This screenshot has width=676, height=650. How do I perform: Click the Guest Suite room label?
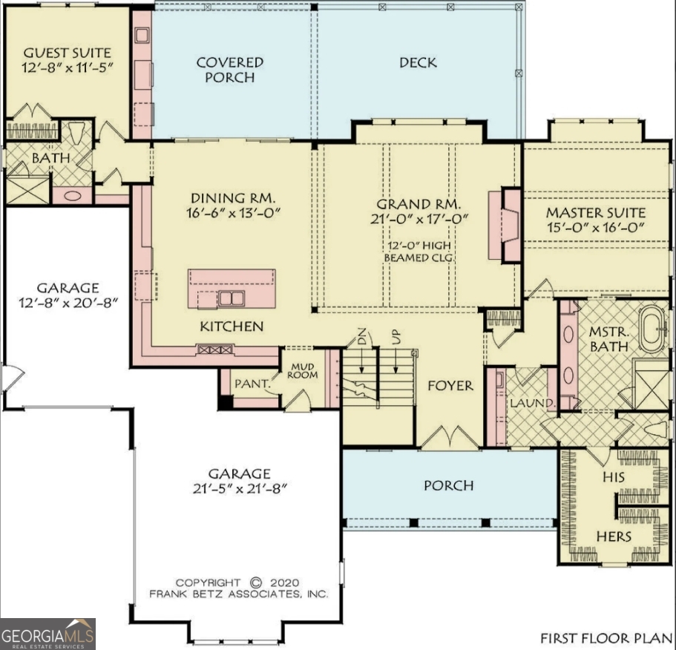click(x=68, y=53)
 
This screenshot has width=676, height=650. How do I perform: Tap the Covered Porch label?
click(x=229, y=70)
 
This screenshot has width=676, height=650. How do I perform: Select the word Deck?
click(x=418, y=63)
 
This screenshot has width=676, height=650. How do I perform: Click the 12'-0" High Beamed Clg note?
click(x=419, y=252)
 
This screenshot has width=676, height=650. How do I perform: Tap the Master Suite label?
click(x=596, y=213)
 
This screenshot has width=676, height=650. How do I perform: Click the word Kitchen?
click(x=231, y=326)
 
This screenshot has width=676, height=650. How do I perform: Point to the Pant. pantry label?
click(x=249, y=384)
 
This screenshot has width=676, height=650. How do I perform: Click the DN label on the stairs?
click(x=361, y=341)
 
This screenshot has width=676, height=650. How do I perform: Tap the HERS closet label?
click(x=614, y=536)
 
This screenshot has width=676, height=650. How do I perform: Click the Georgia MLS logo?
click(x=47, y=634)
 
